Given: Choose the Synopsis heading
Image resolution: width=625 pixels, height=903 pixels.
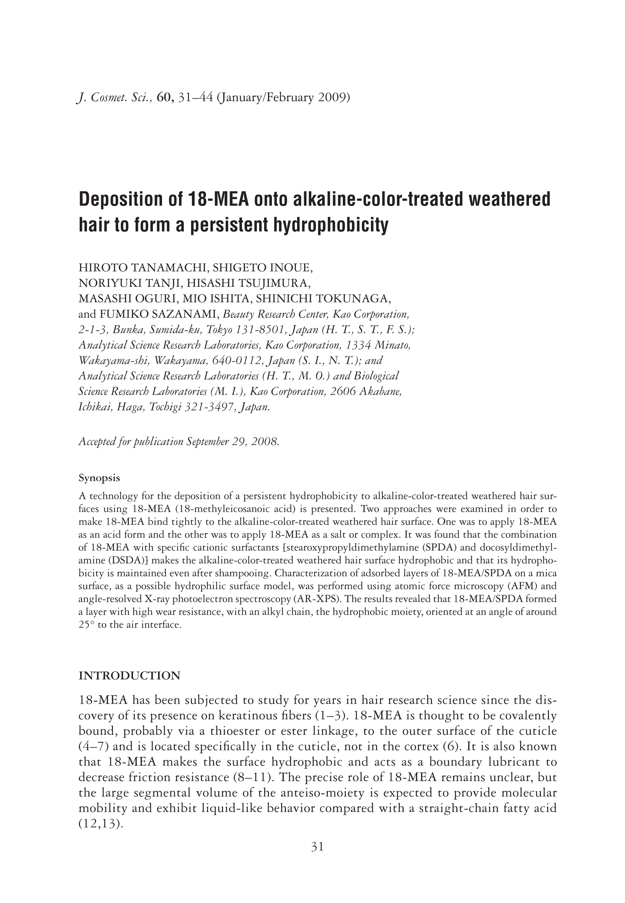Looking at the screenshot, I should pos(99,478).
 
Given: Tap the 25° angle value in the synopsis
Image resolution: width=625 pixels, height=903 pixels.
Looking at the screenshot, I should pos(87,625).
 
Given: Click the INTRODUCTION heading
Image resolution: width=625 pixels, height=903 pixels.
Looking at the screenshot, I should pos(130,676).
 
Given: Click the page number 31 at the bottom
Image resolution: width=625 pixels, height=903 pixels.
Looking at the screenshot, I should pos(317,847).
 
